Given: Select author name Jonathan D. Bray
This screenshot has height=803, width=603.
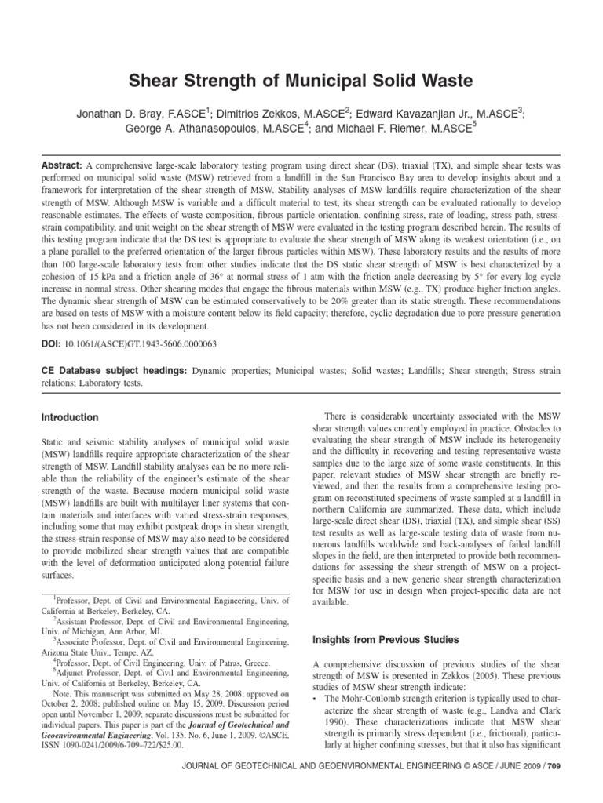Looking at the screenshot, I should [124, 113].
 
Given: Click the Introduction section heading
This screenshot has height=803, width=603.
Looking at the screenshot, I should [71, 418].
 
